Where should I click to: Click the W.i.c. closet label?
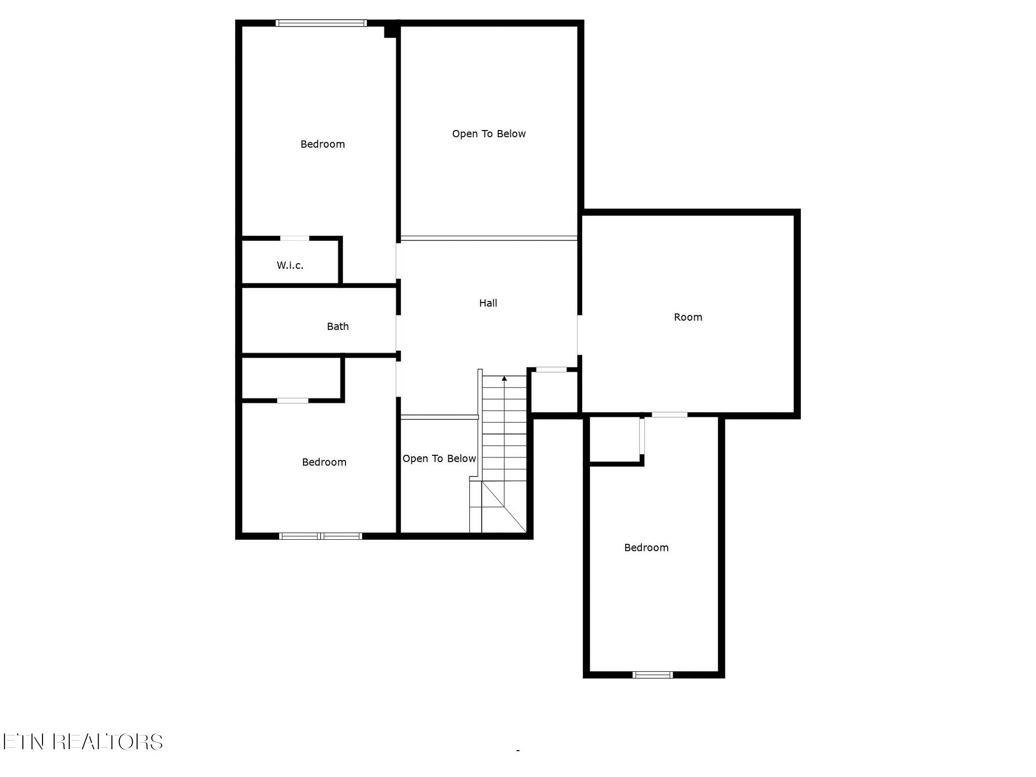pyautogui.click(x=290, y=265)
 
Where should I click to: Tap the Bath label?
pyautogui.click(x=337, y=326)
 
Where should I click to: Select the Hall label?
pyautogui.click(x=488, y=303)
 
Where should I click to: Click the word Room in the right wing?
pyautogui.click(x=688, y=317)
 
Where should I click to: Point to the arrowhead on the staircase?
pyautogui.click(x=504, y=378)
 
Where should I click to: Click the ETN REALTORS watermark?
pyautogui.click(x=82, y=742)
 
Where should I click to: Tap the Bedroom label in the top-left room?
pyautogui.click(x=323, y=144)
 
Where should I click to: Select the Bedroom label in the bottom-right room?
pyautogui.click(x=646, y=547)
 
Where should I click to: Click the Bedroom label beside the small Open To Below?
pyautogui.click(x=324, y=462)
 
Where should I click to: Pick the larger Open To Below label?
pyautogui.click(x=489, y=134)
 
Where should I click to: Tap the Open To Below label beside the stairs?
pyautogui.click(x=439, y=458)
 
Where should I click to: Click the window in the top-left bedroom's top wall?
pyautogui.click(x=321, y=23)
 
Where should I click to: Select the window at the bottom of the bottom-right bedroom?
pyautogui.click(x=653, y=674)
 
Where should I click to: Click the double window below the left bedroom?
pyautogui.click(x=321, y=536)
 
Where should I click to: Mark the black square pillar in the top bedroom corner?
pyautogui.click(x=390, y=31)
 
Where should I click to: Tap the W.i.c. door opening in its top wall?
pyautogui.click(x=295, y=238)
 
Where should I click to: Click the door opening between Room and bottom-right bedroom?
pyautogui.click(x=669, y=415)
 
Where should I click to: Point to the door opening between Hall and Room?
pyautogui.click(x=580, y=335)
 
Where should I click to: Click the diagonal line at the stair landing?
pyautogui.click(x=504, y=506)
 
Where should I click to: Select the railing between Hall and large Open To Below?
pyautogui.click(x=489, y=238)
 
